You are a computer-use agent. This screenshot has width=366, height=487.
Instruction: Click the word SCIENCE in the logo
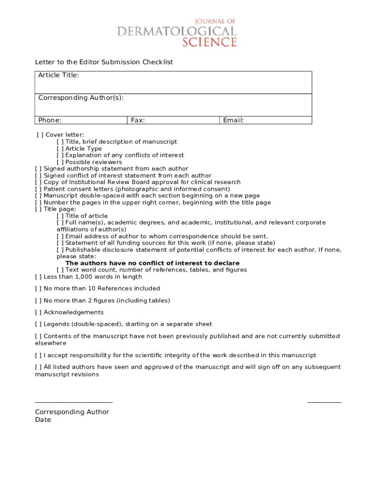(x=210, y=42)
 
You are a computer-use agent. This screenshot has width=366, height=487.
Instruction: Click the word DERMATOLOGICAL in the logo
(x=177, y=31)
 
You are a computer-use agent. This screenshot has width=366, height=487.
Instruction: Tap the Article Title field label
(x=58, y=75)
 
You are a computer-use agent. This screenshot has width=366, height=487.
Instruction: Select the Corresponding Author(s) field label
(x=81, y=97)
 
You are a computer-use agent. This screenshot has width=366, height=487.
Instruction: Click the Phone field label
(x=50, y=120)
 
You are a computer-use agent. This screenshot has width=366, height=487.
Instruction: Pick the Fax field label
(x=138, y=120)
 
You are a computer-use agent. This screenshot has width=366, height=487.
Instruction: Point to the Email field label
(x=233, y=120)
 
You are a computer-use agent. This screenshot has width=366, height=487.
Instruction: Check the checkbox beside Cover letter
(x=40, y=135)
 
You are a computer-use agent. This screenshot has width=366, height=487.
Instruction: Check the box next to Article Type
(x=60, y=149)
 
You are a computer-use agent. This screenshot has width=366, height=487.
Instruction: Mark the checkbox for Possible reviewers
(x=60, y=162)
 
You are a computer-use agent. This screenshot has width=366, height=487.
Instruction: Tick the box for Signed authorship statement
(x=39, y=169)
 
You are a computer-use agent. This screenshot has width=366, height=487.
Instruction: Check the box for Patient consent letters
(x=39, y=189)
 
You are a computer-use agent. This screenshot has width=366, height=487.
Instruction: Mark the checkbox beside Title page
(x=39, y=209)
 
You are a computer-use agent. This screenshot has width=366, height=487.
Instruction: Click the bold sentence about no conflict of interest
(x=152, y=263)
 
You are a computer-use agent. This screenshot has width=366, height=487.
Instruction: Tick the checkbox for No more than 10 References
(x=39, y=289)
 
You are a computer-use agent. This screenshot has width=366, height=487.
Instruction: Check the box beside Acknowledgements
(x=39, y=312)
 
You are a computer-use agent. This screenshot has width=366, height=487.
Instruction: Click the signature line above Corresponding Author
(x=74, y=402)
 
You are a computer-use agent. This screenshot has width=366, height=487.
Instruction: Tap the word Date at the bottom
(x=43, y=420)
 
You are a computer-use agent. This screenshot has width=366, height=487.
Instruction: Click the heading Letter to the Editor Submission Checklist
(x=104, y=62)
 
